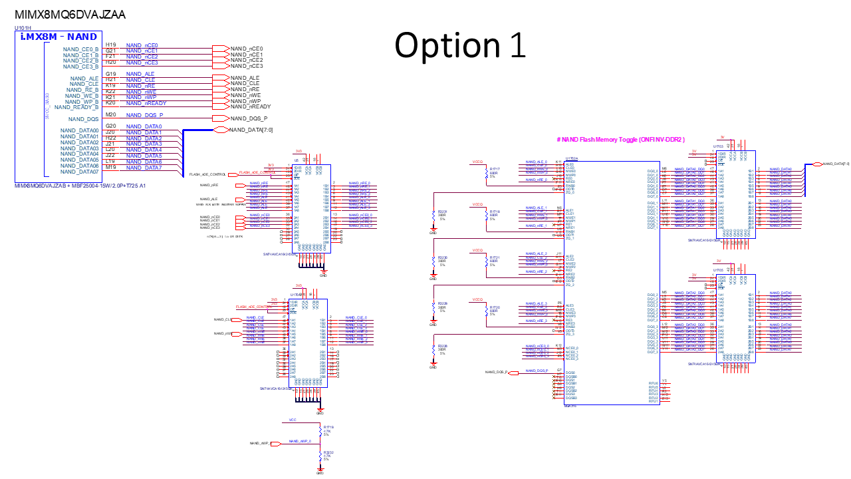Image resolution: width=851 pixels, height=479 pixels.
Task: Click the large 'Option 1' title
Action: tap(460, 45)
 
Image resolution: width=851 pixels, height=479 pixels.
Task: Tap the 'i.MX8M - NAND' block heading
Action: tap(59, 37)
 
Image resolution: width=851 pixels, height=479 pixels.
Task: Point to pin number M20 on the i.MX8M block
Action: tap(111, 115)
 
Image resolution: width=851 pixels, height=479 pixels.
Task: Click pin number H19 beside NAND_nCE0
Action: tap(111, 45)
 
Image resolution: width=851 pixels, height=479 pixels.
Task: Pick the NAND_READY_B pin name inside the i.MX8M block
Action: tap(76, 107)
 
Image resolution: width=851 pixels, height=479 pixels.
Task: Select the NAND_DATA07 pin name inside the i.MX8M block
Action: tap(79, 172)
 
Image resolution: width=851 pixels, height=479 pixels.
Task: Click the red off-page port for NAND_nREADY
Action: tap(220, 106)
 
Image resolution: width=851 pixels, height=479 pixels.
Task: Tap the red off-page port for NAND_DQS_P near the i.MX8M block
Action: tap(220, 118)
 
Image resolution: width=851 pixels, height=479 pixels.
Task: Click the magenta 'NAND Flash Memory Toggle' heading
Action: tap(620, 140)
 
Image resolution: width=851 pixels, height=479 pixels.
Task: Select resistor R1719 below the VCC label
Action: tap(328, 427)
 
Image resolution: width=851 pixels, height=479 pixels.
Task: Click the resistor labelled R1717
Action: tap(495, 170)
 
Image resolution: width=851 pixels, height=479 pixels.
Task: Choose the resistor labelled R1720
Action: tap(495, 307)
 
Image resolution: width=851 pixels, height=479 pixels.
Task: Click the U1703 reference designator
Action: tap(718, 146)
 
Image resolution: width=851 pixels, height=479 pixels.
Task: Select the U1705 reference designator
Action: tap(718, 269)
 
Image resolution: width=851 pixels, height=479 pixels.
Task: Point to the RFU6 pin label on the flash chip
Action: tap(653, 383)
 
